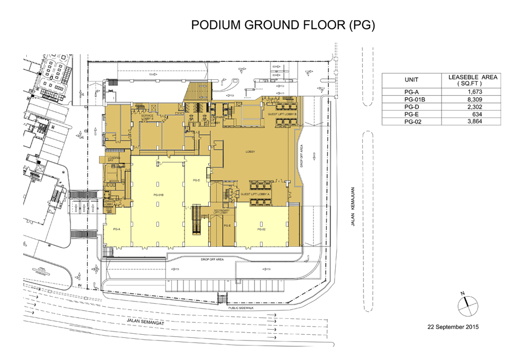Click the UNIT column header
pyautogui.click(x=411, y=80)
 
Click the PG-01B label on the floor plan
pyautogui.click(x=158, y=195)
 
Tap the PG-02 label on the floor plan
pyautogui.click(x=262, y=229)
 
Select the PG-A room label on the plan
pyautogui.click(x=116, y=229)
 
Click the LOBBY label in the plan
pyautogui.click(x=251, y=152)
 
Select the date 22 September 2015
pyautogui.click(x=453, y=327)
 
